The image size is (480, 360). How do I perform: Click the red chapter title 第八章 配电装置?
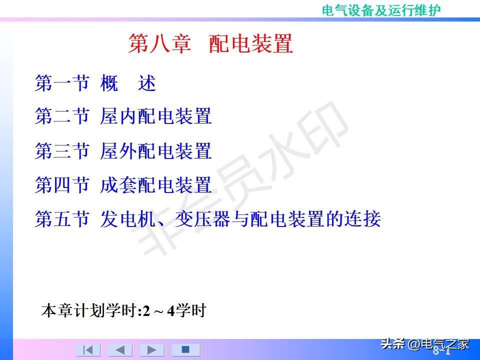(x=210, y=44)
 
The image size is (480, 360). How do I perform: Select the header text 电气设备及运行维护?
(x=381, y=10)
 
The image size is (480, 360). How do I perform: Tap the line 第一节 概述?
(x=95, y=83)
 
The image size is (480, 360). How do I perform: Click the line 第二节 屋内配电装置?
(x=123, y=116)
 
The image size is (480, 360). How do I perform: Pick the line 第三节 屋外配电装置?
(x=123, y=151)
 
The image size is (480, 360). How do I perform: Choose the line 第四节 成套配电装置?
(x=123, y=185)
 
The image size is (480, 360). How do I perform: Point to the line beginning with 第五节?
(x=207, y=219)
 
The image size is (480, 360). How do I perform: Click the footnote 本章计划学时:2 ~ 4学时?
(x=123, y=311)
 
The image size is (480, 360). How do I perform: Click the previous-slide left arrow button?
(x=120, y=350)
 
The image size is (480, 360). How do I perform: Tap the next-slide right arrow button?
(x=152, y=350)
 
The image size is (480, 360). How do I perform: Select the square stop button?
(x=185, y=349)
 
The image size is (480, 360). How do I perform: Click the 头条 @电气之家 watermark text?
(x=425, y=344)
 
